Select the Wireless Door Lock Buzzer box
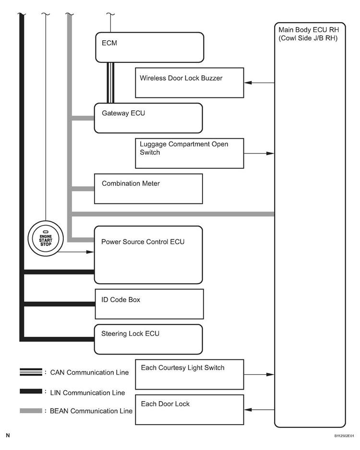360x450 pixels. (x=189, y=83)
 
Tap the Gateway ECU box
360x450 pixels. (x=148, y=118)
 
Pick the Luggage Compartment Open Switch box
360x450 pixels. (x=189, y=154)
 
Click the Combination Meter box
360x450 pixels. (x=148, y=189)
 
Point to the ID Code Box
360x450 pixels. (x=149, y=304)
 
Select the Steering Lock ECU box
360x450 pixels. (x=148, y=339)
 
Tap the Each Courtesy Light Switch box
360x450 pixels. (x=189, y=374)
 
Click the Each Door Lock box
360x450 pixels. (x=189, y=409)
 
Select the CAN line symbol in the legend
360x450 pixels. (x=31, y=372)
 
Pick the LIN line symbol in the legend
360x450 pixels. (x=31, y=391)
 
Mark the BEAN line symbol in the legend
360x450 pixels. (x=31, y=411)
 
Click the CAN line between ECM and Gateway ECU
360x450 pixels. (x=110, y=83)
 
